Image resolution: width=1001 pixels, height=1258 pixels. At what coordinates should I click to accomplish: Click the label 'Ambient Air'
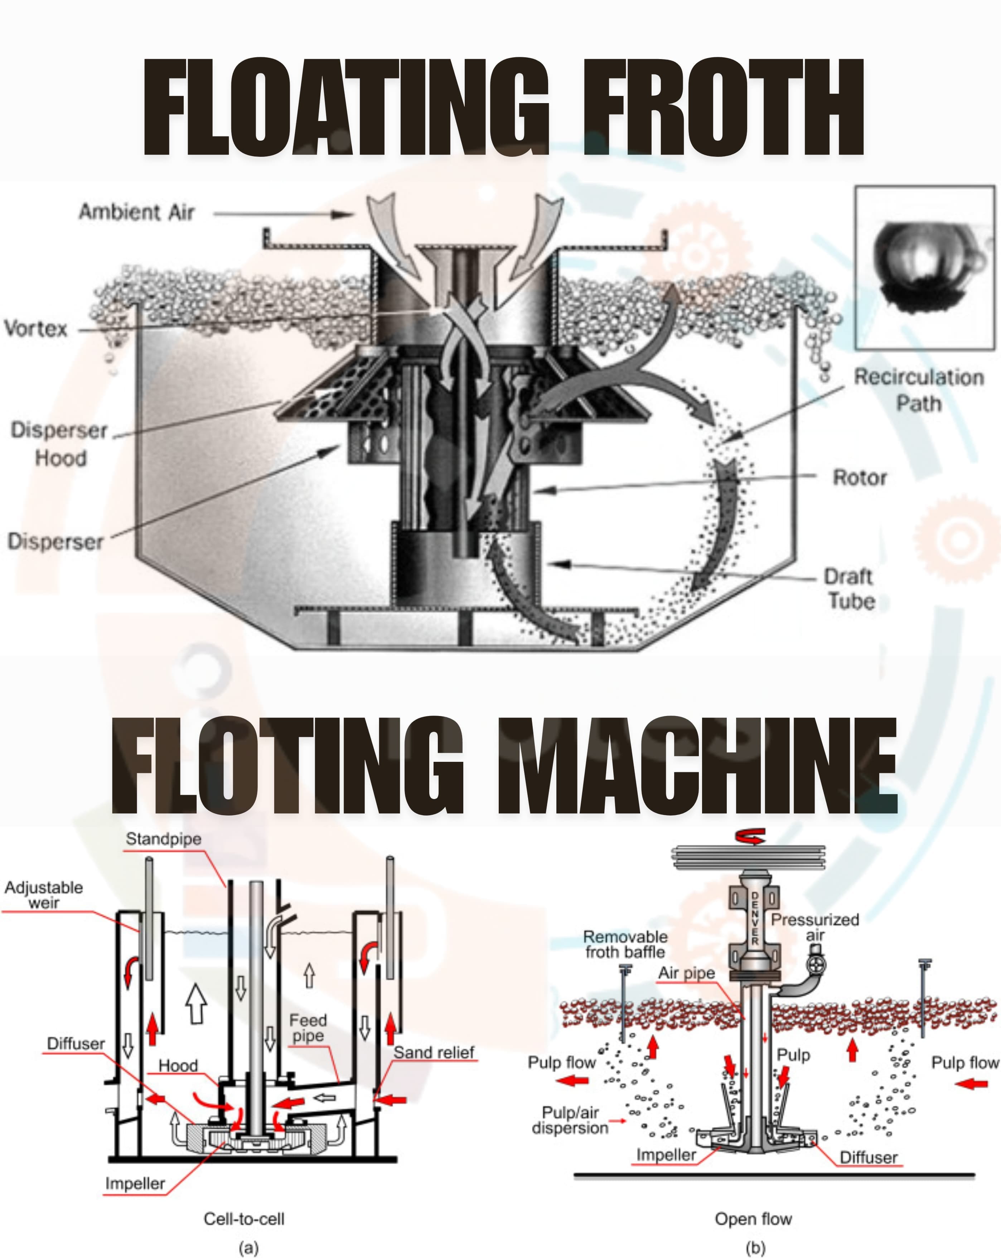(x=136, y=212)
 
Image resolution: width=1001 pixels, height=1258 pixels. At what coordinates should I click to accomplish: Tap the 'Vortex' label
(x=36, y=329)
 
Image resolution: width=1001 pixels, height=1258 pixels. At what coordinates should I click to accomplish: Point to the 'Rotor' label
(x=859, y=478)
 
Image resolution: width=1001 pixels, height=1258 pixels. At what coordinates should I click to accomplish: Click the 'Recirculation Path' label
(x=919, y=390)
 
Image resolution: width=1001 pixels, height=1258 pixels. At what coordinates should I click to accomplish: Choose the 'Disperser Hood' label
(x=59, y=444)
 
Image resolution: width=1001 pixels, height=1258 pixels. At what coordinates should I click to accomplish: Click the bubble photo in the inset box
(x=924, y=267)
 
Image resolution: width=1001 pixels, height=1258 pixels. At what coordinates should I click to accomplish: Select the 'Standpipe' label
(x=163, y=839)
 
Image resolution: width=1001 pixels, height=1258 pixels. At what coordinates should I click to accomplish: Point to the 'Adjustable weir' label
(x=44, y=895)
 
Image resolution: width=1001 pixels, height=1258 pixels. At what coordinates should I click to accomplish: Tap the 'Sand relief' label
(x=434, y=1052)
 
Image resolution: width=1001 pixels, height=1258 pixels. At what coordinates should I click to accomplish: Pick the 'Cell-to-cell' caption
(x=244, y=1219)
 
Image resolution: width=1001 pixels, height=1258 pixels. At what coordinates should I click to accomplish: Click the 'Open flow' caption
(x=753, y=1219)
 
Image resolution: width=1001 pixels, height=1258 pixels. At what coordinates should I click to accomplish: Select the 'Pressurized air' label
(x=816, y=927)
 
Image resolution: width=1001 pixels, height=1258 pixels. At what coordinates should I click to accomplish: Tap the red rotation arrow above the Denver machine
(x=750, y=838)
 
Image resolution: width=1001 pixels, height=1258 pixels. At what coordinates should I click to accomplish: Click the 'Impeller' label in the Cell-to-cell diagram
(x=135, y=1183)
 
